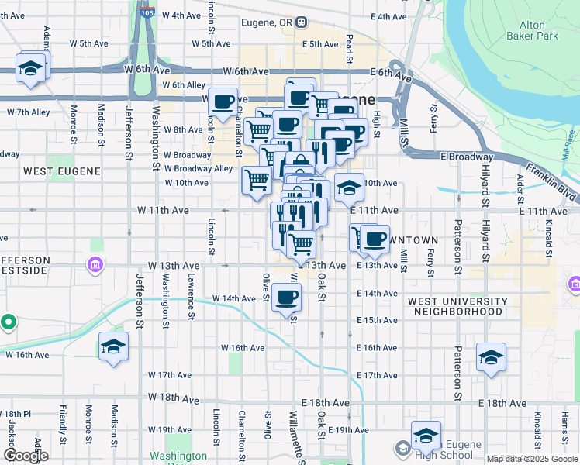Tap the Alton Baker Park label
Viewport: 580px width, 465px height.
[x=532, y=29]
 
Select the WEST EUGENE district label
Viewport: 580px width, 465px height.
[x=51, y=170]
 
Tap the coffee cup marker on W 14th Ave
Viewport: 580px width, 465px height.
[x=286, y=298]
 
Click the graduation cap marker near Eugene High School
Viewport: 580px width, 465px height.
[x=425, y=436]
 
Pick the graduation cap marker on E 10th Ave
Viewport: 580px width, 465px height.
[x=349, y=188]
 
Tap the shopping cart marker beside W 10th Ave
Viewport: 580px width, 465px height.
[x=257, y=181]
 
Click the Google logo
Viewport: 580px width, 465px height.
[x=26, y=456]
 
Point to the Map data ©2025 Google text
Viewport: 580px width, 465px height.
[x=532, y=459]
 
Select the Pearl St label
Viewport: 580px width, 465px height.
[x=349, y=48]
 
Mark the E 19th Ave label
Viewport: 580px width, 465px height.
[x=348, y=430]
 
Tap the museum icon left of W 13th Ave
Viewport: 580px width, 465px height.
[x=95, y=266]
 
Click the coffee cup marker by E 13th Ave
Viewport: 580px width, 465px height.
[x=375, y=239]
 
